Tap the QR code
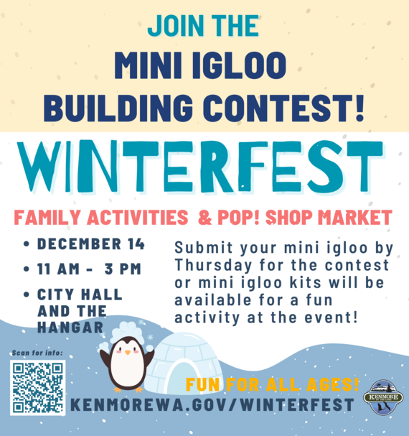(38, 387)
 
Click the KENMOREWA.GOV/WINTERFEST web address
(212, 406)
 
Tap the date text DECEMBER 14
(90, 243)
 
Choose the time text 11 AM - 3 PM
(90, 270)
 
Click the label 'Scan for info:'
(37, 353)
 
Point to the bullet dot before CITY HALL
(26, 296)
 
